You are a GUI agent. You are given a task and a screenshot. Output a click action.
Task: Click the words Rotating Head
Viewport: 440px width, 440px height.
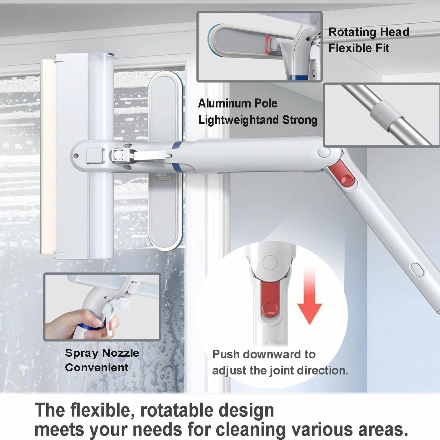click(x=369, y=32)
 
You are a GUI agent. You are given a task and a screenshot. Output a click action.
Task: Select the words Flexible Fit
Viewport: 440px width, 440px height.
click(x=359, y=48)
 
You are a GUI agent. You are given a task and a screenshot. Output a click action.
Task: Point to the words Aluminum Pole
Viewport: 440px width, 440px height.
click(x=238, y=103)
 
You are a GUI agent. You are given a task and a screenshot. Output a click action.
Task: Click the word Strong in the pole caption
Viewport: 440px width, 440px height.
click(x=300, y=120)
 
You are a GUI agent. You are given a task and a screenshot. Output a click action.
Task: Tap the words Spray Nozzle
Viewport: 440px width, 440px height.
click(x=102, y=353)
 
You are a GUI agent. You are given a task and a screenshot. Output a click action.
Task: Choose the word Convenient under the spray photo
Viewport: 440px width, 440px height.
click(x=97, y=367)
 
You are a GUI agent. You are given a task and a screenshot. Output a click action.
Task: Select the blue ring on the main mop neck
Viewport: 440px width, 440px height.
click(x=177, y=156)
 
